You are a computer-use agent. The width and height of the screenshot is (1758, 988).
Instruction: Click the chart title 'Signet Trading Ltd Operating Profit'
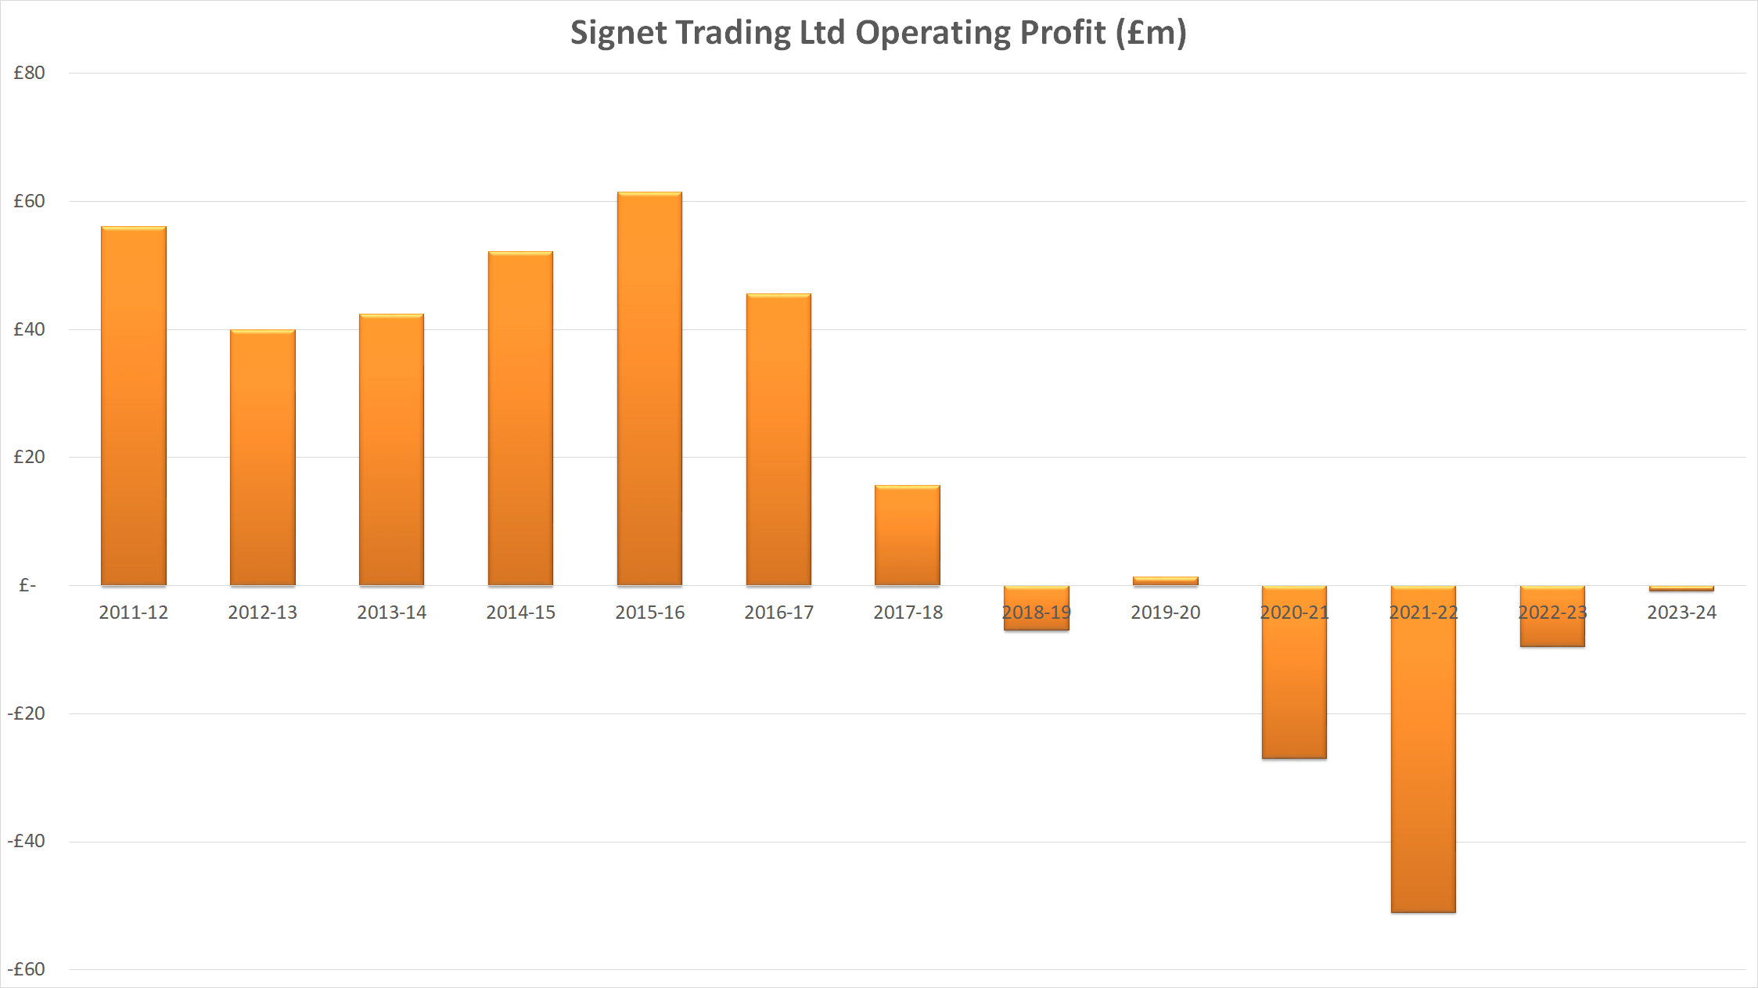coord(878,33)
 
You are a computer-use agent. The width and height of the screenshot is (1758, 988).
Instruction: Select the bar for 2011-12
coord(134,406)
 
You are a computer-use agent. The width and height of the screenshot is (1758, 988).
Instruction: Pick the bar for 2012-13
coord(263,458)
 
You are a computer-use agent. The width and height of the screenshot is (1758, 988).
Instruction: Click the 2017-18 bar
coord(908,535)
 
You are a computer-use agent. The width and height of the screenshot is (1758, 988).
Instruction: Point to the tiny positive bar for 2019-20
coord(1166,581)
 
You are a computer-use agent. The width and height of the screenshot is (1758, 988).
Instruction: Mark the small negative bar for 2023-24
coord(1681,588)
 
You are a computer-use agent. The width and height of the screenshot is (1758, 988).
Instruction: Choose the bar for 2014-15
coord(520,419)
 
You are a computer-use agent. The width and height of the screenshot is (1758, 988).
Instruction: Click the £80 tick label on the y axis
coord(30,73)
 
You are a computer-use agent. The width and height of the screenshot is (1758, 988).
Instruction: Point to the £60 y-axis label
coord(30,201)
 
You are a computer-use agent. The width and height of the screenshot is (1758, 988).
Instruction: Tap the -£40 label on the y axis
coord(27,841)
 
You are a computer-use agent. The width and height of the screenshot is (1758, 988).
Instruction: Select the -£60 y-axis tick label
coord(27,969)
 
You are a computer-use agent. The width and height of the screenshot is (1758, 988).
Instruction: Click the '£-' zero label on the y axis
coord(27,585)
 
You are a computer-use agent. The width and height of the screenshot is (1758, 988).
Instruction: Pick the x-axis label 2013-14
coord(392,613)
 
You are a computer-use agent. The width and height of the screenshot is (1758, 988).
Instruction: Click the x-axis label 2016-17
coord(778,613)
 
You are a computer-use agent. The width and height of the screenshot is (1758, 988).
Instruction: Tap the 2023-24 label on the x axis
coord(1681,613)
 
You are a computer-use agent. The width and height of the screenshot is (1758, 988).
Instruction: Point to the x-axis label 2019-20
coord(1166,613)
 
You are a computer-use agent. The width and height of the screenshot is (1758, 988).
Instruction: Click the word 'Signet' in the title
coord(618,33)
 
